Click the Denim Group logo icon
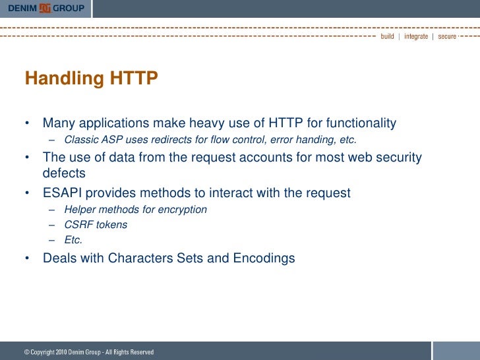[46, 8]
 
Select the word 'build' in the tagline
[387, 36]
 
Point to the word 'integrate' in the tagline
[416, 36]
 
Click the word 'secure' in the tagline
[447, 36]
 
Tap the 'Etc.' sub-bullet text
[73, 240]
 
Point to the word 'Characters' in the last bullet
[140, 258]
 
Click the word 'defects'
[64, 173]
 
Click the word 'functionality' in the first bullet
[357, 123]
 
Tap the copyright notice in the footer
[89, 352]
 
